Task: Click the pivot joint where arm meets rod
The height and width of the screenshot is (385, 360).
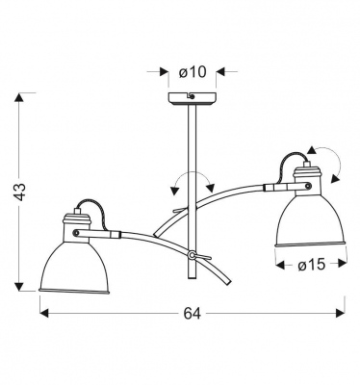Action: tap(194, 255)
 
